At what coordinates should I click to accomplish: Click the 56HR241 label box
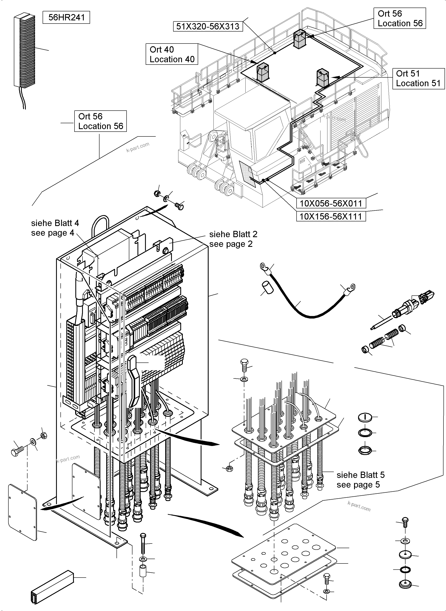coord(66,17)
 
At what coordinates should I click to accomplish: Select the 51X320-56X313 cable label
coord(208,26)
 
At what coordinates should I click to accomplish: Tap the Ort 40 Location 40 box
coord(172,54)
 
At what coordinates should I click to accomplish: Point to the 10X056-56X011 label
coord(331,203)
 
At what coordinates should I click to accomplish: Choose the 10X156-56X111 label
coord(331,216)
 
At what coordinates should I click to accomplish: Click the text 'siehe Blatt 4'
coord(55,223)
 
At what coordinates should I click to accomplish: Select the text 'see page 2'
coord(231,244)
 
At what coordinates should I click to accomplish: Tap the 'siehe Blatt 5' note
coord(360,475)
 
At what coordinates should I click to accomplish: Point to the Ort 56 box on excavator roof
coord(300,39)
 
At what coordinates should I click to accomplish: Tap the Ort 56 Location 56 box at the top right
coord(400,18)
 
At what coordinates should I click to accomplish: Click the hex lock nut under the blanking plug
coord(365,450)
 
